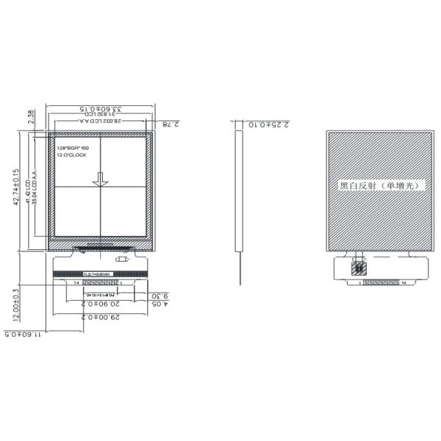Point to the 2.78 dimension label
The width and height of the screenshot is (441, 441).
tap(169, 124)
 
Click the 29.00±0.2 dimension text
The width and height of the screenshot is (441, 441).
tap(99, 316)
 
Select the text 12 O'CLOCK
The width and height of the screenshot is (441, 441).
tap(72, 156)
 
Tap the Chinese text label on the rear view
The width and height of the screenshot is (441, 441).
tap(376, 186)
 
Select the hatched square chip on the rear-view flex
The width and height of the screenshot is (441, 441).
tap(359, 268)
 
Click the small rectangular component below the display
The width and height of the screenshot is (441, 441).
tap(123, 259)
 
